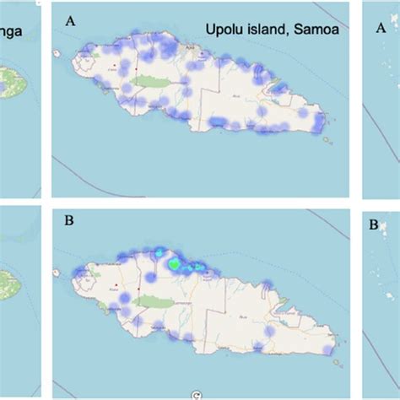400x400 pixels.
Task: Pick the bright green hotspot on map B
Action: [174, 264]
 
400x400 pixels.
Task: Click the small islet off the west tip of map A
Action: [57, 56]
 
